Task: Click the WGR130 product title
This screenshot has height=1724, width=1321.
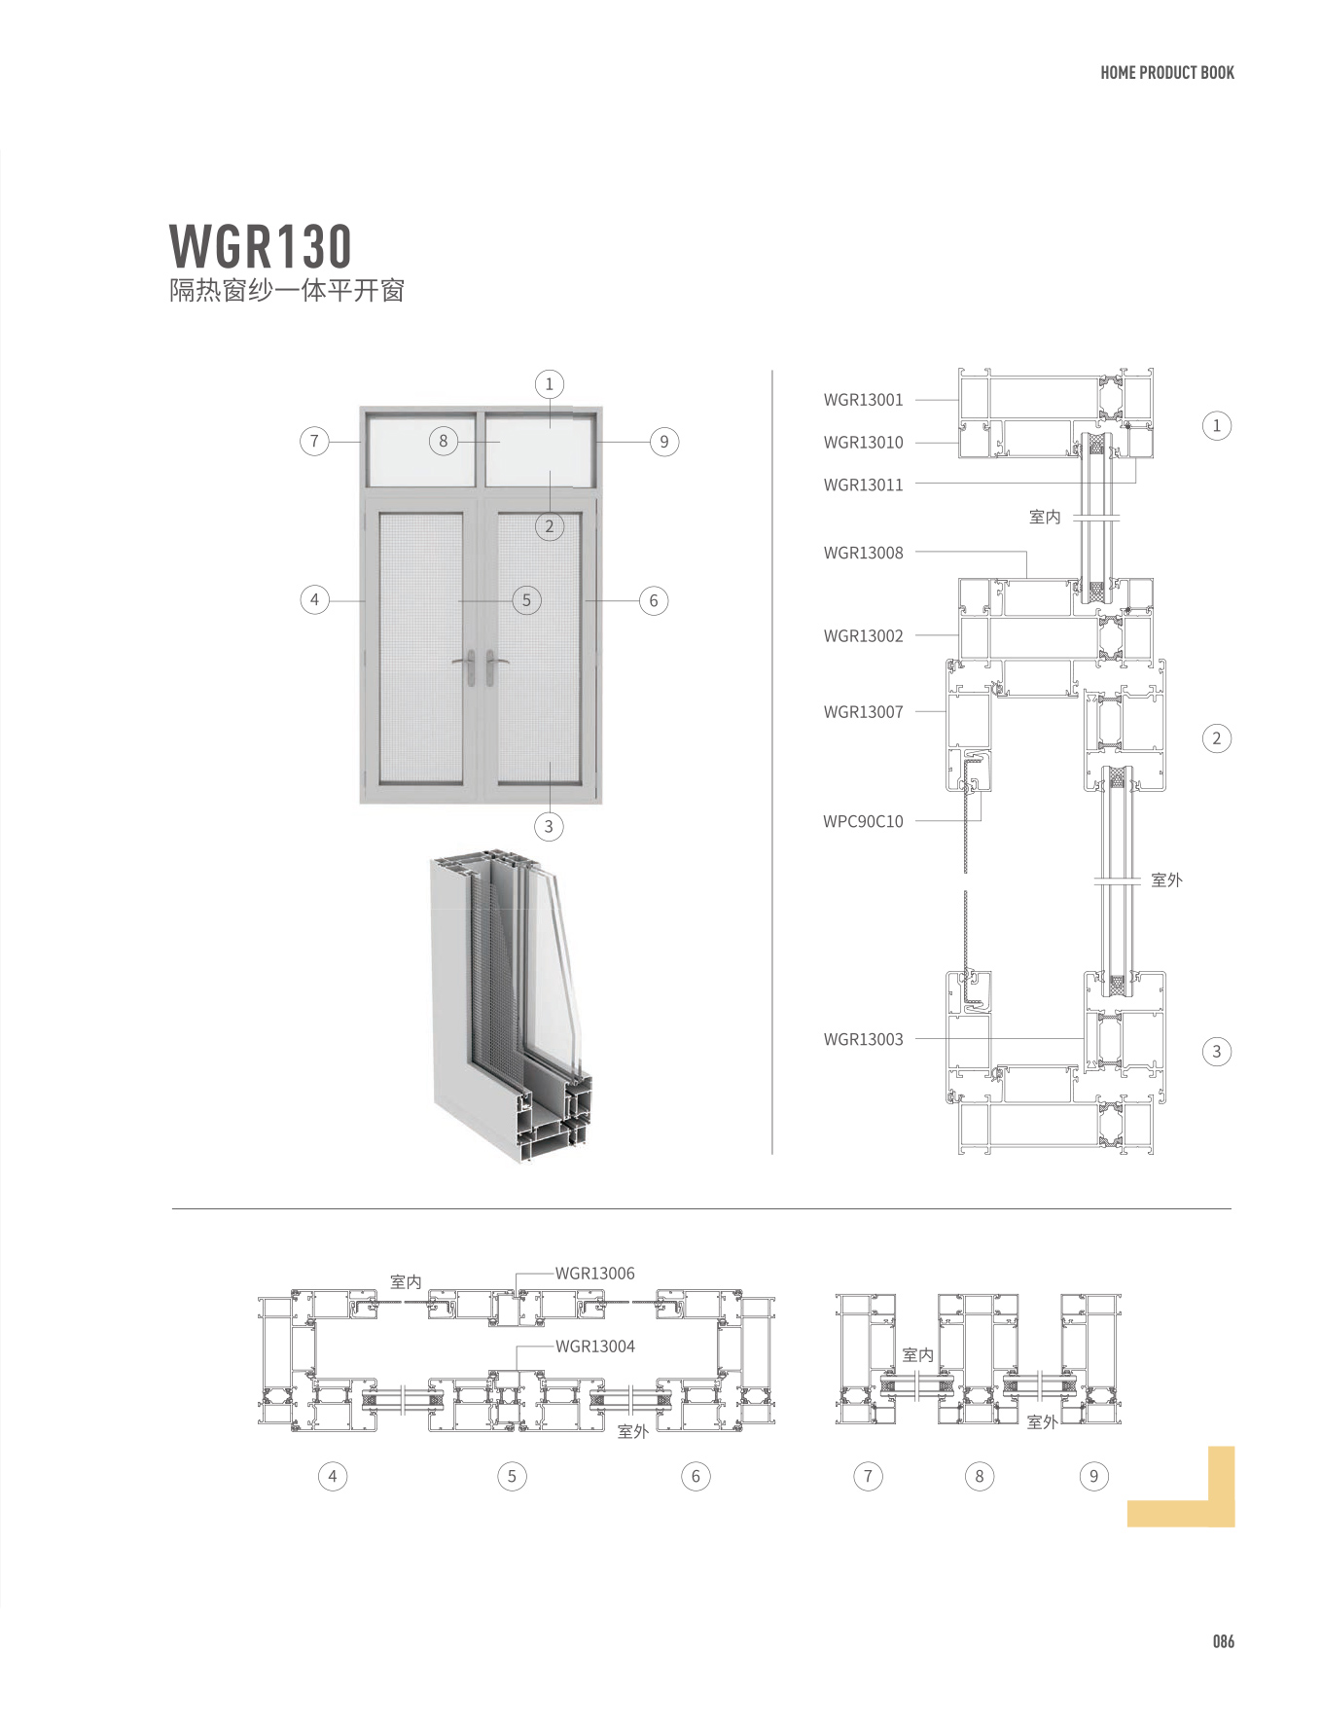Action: pos(261,247)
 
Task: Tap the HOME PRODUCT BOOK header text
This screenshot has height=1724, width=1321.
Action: pos(1166,73)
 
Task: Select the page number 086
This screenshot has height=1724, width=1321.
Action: pos(1223,1641)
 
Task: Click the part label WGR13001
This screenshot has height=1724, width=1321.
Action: pos(863,400)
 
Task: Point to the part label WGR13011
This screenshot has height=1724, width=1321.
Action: pos(863,485)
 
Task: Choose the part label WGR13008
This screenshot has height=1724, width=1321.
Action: pos(863,553)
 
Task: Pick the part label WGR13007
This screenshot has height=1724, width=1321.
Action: pos(863,712)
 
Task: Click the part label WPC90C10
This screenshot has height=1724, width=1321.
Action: pos(863,821)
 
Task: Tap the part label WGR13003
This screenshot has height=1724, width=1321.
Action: pos(863,1039)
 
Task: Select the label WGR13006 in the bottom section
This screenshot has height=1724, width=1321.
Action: pos(594,1273)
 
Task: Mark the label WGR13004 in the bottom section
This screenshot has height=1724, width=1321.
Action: pos(594,1347)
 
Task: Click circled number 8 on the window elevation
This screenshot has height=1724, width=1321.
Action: pos(444,441)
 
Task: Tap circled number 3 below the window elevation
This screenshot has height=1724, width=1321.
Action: pos(549,826)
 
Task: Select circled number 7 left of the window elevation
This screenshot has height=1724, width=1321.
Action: pos(314,441)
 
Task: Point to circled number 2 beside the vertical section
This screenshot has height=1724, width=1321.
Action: pos(1216,738)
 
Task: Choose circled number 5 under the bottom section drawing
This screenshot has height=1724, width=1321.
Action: pos(512,1476)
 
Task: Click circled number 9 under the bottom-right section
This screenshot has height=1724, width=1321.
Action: pos(1093,1476)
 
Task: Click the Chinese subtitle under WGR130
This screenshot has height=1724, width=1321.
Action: pos(287,291)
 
